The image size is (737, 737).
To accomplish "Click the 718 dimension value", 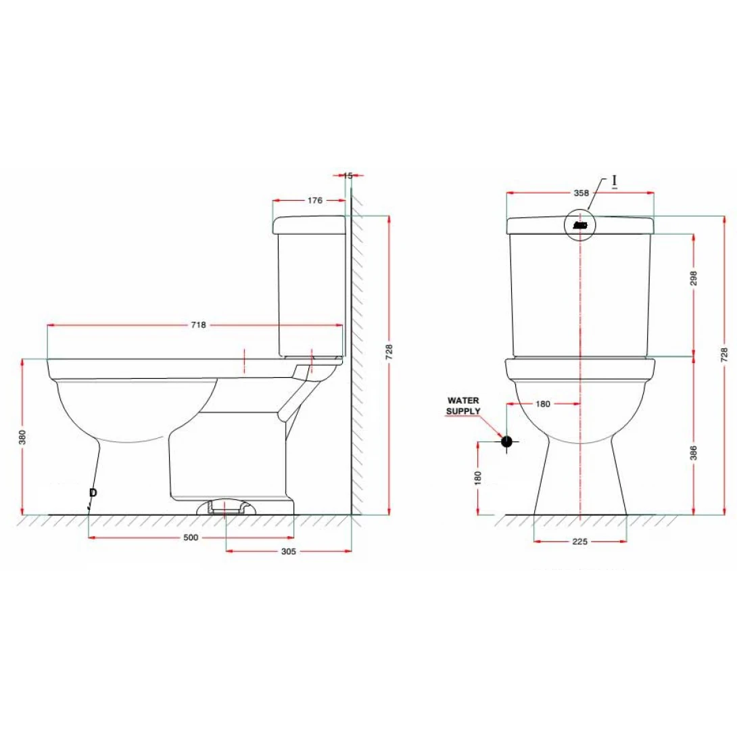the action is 198,325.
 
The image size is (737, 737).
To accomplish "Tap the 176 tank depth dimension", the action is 315,201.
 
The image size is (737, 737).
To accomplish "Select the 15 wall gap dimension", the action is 348,176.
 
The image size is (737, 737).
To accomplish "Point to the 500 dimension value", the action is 191,538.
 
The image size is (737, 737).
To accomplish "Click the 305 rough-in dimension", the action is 288,551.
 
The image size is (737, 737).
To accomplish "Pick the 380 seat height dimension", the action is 22,437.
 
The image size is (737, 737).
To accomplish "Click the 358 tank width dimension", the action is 581,193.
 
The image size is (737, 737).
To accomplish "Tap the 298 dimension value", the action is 694,279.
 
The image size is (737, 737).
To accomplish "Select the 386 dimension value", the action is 694,453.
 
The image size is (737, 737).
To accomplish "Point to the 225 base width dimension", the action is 580,542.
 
